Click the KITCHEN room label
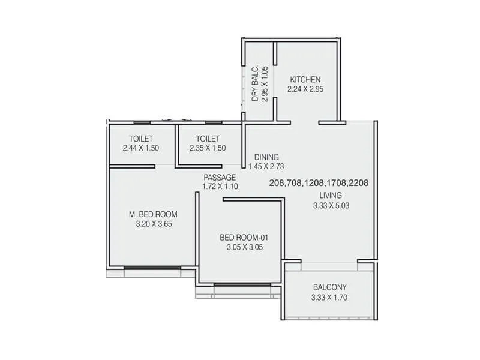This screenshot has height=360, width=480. coord(305,80)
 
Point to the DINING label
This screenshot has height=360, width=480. coord(265,157)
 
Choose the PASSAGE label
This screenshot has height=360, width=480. coord(220,177)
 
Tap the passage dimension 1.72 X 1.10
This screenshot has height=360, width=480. coord(220,187)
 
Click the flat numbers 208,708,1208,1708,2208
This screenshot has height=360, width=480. coord(319,183)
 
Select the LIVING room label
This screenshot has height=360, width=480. coord(330,196)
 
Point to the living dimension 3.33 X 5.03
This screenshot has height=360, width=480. coord(331,206)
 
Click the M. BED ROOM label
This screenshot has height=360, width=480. coord(154,214)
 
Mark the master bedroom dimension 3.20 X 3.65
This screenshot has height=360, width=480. coord(154,224)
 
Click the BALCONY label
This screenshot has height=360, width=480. coord(330,287)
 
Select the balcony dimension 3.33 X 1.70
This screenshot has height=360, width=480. coord(330,297)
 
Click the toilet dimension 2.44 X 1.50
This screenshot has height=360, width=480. coord(140,148)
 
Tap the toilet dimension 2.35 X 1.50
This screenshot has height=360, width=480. coord(208,148)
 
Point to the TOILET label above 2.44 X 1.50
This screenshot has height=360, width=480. coord(140,138)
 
